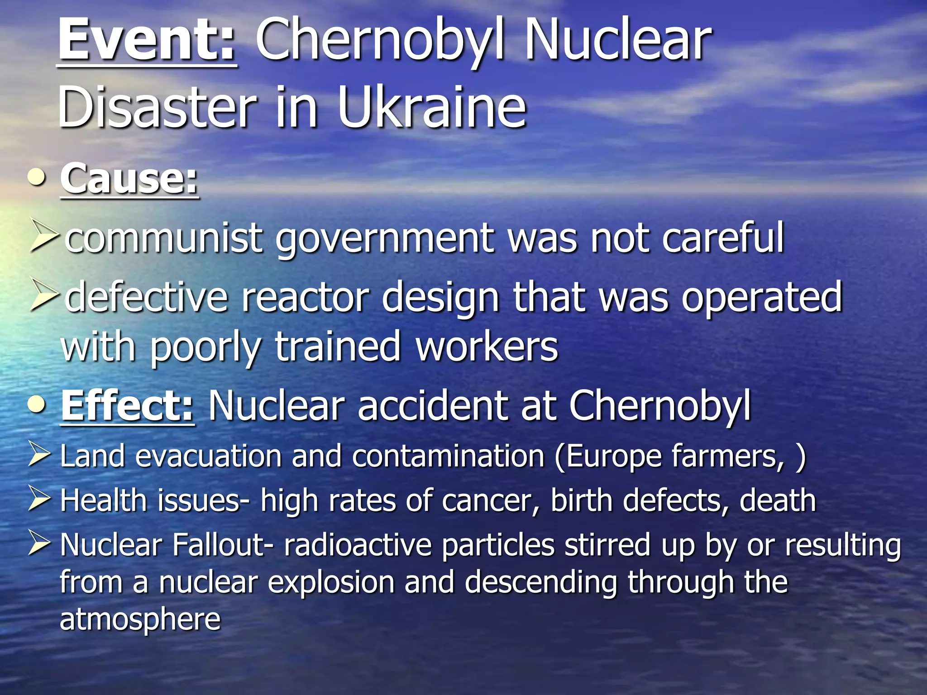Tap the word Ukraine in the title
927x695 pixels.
(432, 108)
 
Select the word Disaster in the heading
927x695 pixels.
(158, 108)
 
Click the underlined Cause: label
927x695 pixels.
(129, 179)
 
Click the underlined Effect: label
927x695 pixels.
(128, 406)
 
